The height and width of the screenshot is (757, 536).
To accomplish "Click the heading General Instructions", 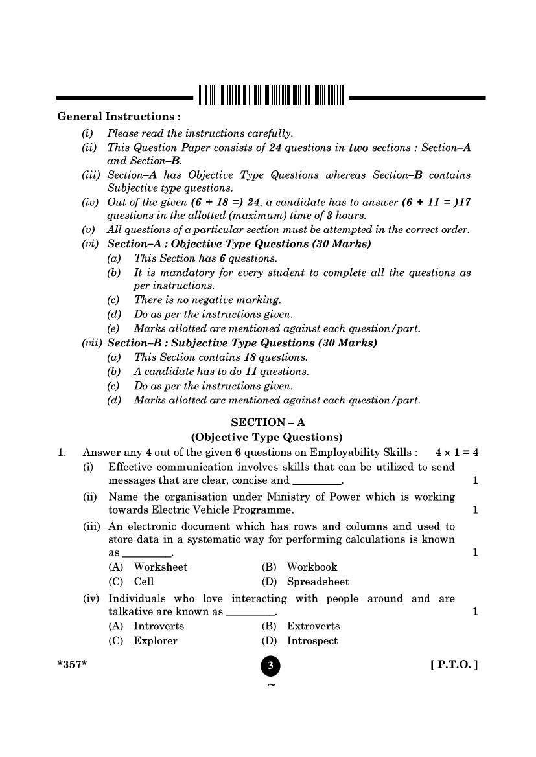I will point(119,117).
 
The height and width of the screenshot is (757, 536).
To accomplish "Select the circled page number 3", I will point(270,666).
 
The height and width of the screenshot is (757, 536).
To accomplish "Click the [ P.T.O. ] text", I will point(454,664).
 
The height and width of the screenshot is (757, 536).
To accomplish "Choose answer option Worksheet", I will point(160,567).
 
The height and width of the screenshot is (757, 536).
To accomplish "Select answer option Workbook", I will point(312,567).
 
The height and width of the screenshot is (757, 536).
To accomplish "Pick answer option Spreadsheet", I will point(318,582).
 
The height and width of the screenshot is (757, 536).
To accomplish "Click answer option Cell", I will point(144,582).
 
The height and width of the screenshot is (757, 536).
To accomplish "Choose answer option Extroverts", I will point(313,626).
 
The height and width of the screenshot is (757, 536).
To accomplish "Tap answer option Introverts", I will point(159,626).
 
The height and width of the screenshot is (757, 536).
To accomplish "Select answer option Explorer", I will point(156,641).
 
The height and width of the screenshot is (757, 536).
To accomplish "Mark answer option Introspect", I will point(312,641).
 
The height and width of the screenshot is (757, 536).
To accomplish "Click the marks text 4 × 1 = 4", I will point(457,453).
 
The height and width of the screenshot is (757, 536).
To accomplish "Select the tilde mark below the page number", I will point(271,685).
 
